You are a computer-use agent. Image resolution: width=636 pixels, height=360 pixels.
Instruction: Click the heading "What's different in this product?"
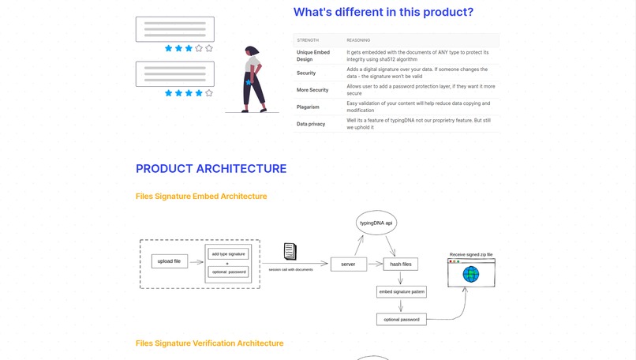[x=383, y=13]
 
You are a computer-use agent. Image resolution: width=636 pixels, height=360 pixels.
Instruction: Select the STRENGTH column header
[x=308, y=39]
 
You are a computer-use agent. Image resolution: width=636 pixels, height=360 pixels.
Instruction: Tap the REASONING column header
[x=359, y=39]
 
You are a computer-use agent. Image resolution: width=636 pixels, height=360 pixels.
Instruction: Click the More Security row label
[x=312, y=90]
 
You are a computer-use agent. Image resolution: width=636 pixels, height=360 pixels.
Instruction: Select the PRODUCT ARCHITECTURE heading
[x=211, y=169]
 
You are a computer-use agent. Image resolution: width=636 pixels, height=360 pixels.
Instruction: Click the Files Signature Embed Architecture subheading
[x=201, y=196]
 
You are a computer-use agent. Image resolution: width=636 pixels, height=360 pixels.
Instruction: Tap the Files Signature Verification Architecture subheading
[x=209, y=343]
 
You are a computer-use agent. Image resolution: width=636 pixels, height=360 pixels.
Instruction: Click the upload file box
[x=170, y=261]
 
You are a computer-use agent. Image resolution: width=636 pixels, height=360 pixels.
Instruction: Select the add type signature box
[x=228, y=254]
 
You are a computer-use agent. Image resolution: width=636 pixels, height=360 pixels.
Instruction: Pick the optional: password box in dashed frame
[x=228, y=272]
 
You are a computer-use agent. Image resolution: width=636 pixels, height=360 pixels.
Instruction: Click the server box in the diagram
[x=348, y=264]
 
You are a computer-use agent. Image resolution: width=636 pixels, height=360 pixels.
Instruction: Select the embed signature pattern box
[x=402, y=292]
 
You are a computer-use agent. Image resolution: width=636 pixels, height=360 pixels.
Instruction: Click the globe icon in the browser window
[x=471, y=274]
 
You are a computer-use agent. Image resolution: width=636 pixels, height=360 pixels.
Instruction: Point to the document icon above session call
[x=290, y=251]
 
